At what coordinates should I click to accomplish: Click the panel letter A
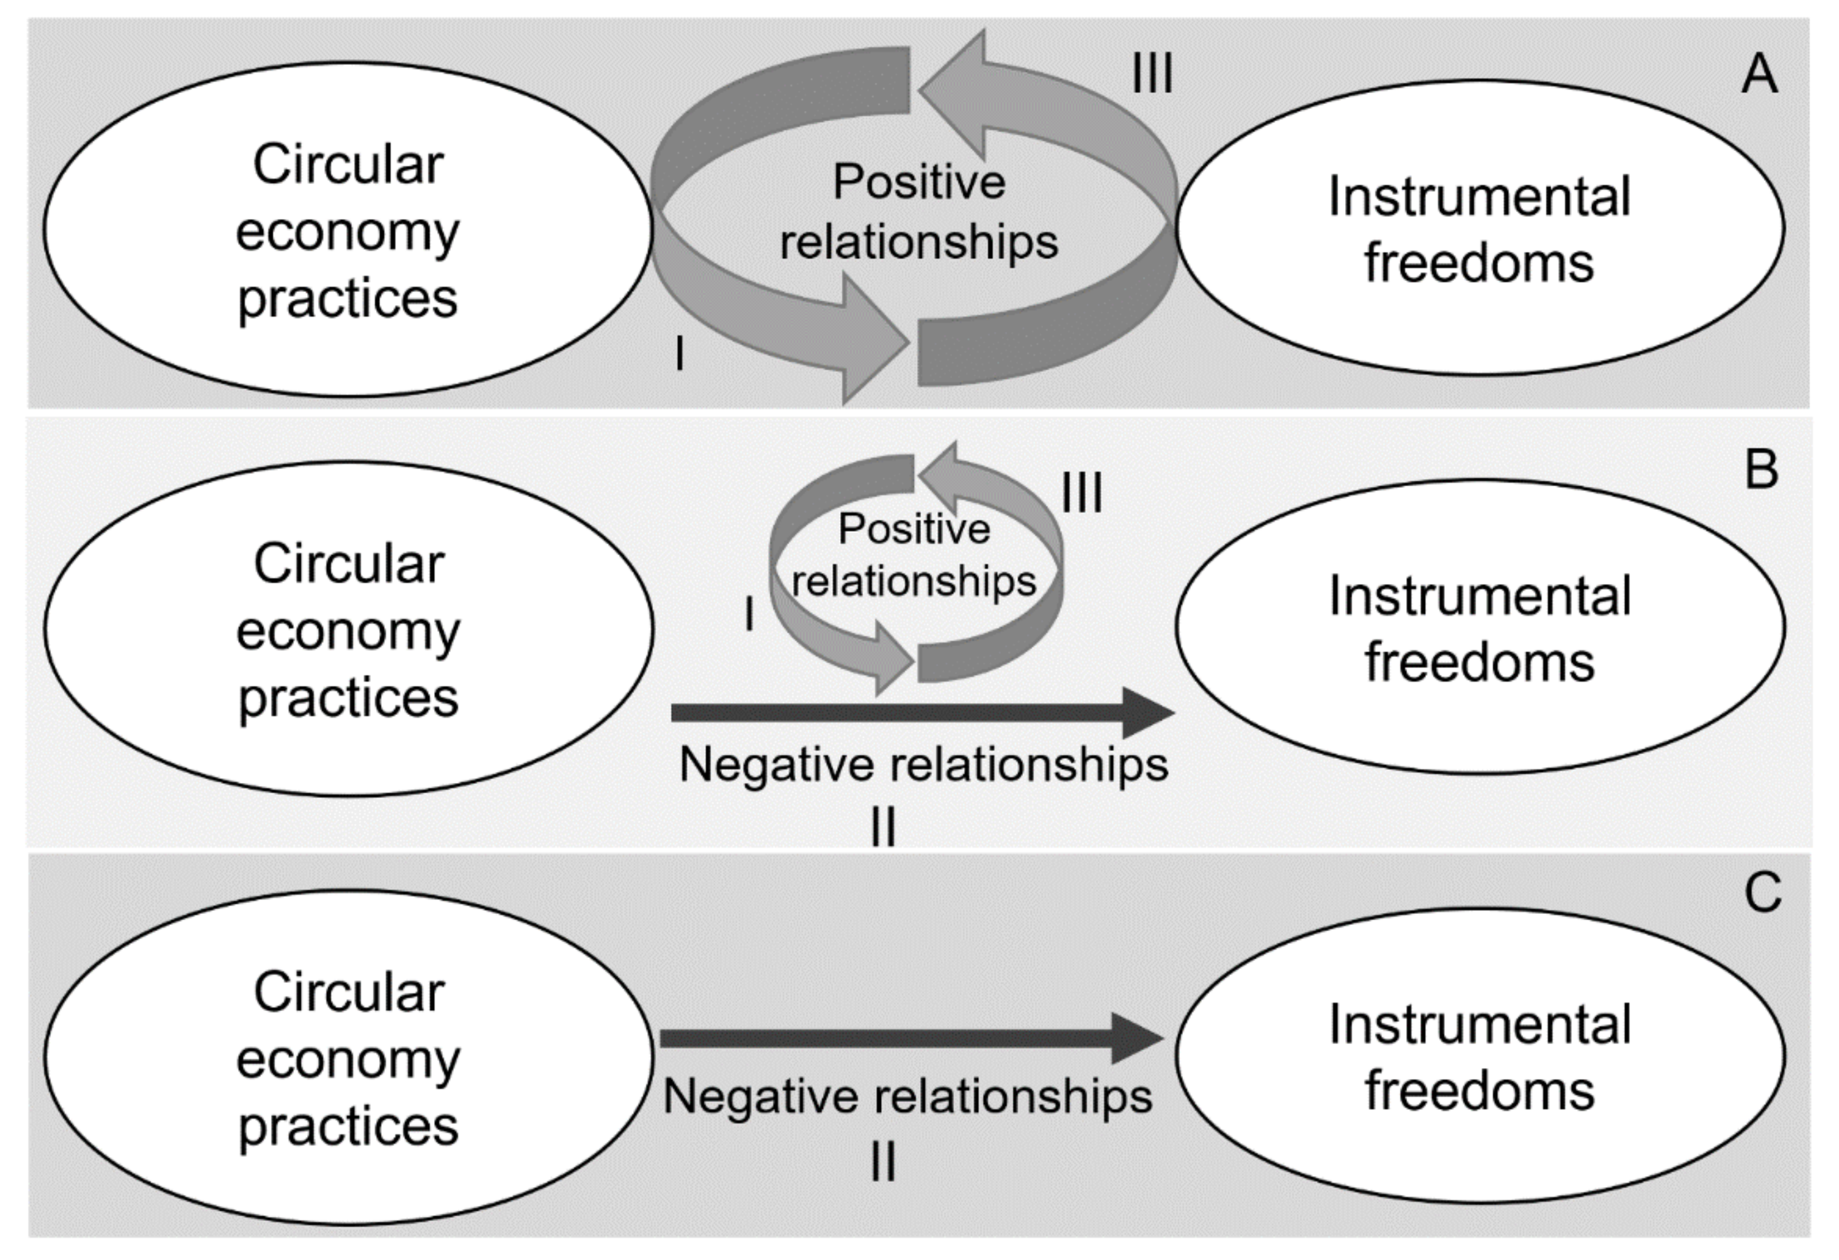[1759, 75]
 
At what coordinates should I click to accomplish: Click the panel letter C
[1763, 893]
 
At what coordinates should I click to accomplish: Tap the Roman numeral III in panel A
[1152, 76]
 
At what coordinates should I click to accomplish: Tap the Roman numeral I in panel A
[679, 354]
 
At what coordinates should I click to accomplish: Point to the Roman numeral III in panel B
[1082, 494]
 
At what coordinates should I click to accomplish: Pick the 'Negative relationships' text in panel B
[924, 765]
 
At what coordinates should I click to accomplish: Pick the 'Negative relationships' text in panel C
[907, 1097]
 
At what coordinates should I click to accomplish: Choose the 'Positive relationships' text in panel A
[919, 212]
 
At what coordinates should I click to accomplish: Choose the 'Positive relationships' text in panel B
[914, 555]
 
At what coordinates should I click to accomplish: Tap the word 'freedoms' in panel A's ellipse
[1479, 263]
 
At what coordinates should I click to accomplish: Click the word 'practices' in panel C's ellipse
[348, 1126]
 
